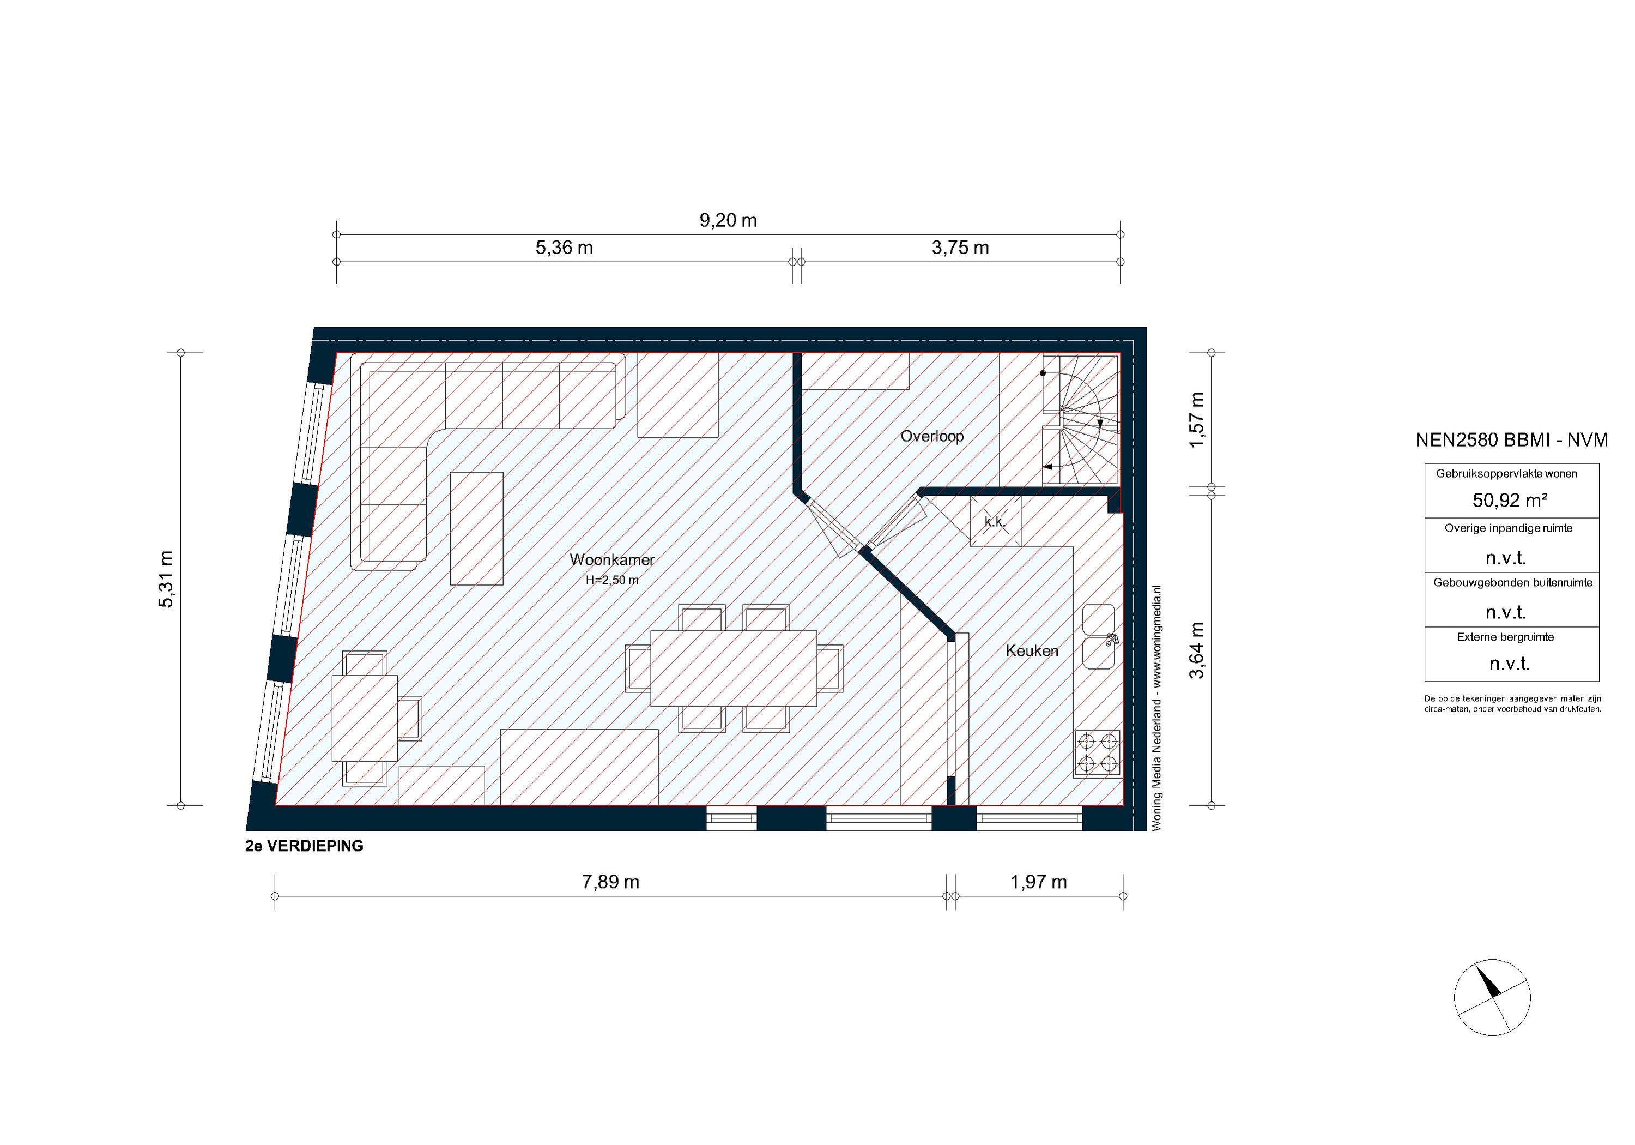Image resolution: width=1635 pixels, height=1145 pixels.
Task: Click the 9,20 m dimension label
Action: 727,220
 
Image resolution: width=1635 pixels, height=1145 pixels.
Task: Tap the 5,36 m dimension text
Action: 564,248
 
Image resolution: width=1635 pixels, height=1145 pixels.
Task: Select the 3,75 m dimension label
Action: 960,248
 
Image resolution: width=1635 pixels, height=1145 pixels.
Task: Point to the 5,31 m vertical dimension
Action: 165,578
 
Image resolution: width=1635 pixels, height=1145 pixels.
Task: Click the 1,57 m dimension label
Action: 1197,420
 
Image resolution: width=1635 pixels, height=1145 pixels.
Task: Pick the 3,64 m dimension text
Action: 1197,650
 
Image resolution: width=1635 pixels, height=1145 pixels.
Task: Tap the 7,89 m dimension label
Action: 610,882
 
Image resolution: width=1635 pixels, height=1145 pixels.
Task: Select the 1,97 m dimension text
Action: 1038,882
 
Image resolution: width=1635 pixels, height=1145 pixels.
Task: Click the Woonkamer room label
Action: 611,560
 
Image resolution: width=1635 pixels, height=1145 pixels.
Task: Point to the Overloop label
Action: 931,436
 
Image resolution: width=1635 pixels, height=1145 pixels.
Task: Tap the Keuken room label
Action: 1032,650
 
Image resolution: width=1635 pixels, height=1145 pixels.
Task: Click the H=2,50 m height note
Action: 611,580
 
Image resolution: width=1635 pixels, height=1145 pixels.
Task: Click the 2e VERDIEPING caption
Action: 304,846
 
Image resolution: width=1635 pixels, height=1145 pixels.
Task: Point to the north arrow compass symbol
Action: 1492,997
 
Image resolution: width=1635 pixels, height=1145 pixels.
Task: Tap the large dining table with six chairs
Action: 734,667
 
